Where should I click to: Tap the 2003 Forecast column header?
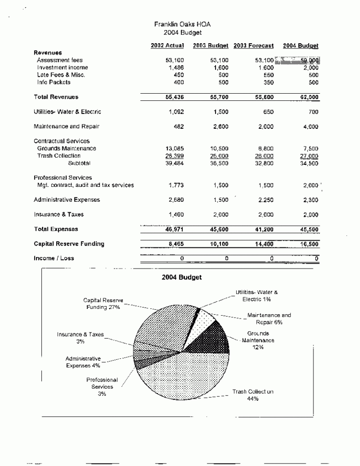254,46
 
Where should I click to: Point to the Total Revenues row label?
56,97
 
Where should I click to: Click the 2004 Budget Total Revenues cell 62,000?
307,97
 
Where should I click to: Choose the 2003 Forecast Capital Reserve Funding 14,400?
264,244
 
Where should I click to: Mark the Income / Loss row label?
54,258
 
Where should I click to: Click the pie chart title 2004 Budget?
181,278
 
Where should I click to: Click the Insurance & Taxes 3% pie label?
80,338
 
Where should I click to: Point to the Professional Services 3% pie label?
102,387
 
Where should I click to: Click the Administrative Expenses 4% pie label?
83,362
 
